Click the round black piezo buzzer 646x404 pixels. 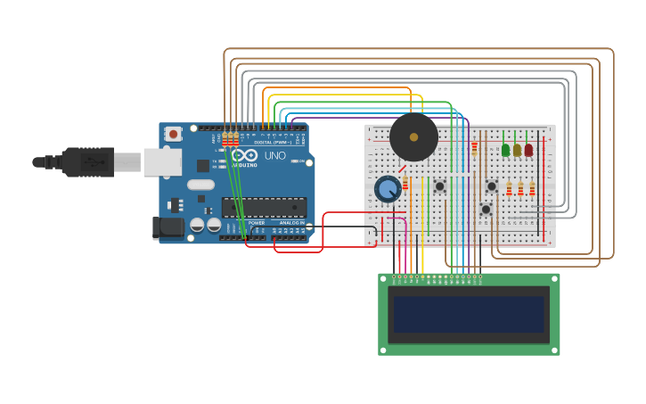[413, 137]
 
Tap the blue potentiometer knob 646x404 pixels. [388, 189]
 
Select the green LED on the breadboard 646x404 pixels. [506, 150]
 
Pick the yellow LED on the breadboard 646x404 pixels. [518, 150]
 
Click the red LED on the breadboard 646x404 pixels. [529, 150]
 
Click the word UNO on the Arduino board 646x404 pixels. [274, 155]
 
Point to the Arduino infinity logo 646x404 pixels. [245, 155]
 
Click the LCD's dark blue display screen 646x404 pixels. [469, 314]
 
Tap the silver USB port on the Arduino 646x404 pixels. [162, 161]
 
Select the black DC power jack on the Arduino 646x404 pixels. [167, 227]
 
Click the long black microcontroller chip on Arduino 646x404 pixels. [265, 208]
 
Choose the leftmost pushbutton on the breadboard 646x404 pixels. [439, 186]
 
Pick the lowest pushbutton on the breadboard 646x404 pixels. [486, 210]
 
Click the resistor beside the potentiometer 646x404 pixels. [405, 183]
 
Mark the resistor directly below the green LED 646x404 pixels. [510, 189]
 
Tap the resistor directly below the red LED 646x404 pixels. [532, 189]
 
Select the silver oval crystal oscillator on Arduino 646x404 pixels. [200, 185]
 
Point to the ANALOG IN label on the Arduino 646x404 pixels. [290, 223]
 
